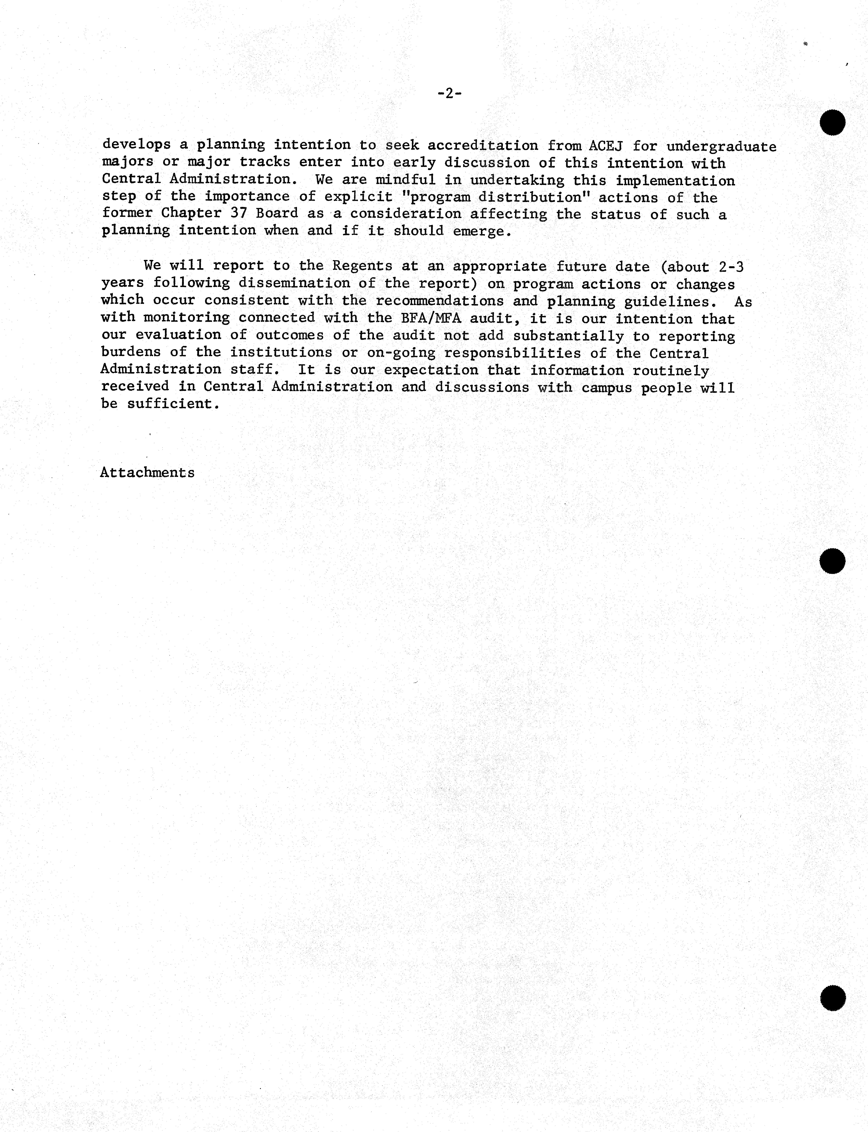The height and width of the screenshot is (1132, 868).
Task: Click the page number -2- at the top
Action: click(449, 93)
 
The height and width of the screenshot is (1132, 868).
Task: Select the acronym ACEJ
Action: click(606, 146)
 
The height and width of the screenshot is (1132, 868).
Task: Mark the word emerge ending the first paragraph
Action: click(482, 232)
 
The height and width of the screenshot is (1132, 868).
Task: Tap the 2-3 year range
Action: click(731, 267)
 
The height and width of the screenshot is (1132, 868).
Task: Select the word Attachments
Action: click(147, 473)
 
